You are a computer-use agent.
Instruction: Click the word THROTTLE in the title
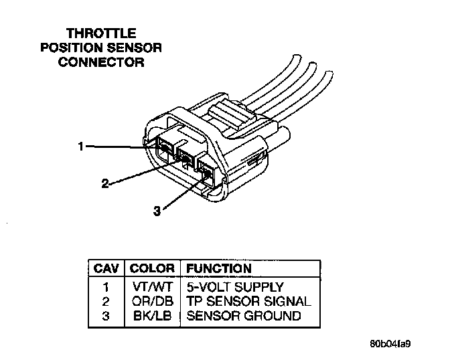coord(101,33)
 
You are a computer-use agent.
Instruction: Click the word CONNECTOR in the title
coord(101,62)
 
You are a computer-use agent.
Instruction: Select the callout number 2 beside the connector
coord(104,183)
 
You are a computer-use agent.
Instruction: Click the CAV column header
coord(106,268)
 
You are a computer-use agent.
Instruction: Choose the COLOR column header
coord(152,268)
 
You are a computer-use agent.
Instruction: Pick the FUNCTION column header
coord(218,268)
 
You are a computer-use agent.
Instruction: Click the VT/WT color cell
coord(152,287)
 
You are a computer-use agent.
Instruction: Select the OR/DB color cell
coord(152,301)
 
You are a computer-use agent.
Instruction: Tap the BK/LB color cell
coord(152,315)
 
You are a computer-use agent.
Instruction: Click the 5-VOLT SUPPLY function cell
coord(234,287)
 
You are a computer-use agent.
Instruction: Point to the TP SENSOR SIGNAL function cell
coord(248,301)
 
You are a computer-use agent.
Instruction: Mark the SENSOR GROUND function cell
coord(244,315)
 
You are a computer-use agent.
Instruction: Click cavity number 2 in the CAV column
coord(106,301)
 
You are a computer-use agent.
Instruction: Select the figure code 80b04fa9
coord(390,345)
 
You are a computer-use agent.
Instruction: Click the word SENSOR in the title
coord(137,48)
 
